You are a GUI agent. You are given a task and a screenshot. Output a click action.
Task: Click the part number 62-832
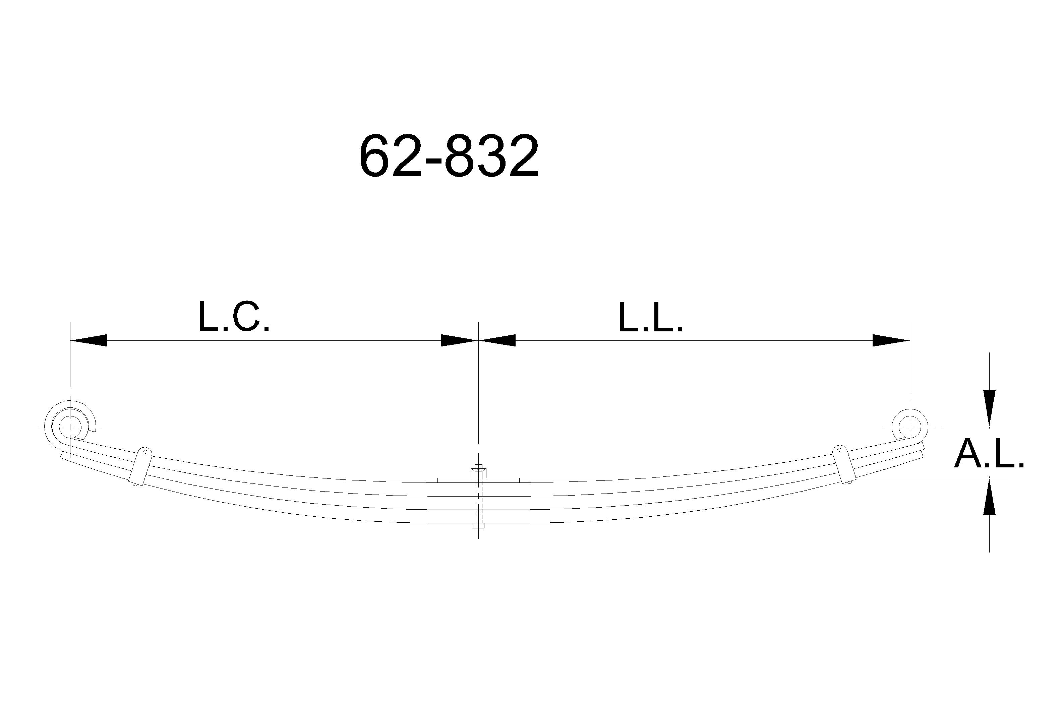[x=449, y=156]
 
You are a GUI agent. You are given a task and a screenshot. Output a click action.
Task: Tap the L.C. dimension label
[x=234, y=316]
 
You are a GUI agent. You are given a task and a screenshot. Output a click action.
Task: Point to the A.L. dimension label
[x=989, y=454]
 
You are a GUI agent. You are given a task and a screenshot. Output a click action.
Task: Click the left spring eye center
[x=70, y=427]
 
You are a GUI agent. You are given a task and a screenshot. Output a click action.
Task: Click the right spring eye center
[x=910, y=427]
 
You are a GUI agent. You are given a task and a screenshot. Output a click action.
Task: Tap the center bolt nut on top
[x=478, y=472]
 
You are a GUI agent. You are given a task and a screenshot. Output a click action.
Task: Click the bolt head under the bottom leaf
[x=478, y=525]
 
